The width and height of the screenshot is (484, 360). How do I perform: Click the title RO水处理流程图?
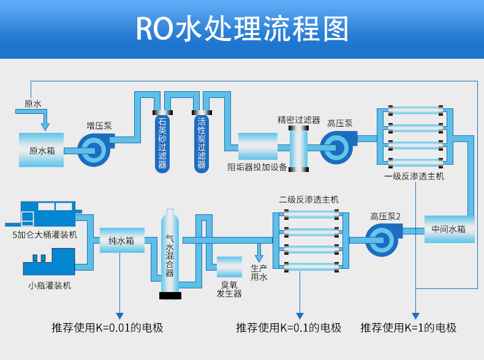click(241, 29)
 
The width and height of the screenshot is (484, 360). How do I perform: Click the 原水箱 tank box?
click(40, 150)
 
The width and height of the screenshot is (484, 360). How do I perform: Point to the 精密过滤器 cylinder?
click(299, 147)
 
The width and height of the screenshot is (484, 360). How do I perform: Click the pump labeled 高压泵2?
click(383, 239)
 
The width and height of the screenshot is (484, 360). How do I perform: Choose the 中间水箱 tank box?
click(448, 229)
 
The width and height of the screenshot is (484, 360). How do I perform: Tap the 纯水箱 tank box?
click(121, 241)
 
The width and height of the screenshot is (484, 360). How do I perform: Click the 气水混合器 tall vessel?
click(170, 254)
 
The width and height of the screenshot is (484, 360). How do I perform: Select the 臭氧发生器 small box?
click(229, 268)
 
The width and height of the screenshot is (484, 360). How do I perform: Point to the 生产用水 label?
click(259, 273)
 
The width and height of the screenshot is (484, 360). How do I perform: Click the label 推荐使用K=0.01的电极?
click(107, 328)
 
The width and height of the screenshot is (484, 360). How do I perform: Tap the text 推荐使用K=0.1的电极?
click(289, 328)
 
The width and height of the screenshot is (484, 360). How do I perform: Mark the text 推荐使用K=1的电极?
click(409, 328)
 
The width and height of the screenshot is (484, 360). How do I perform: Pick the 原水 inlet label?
click(33, 104)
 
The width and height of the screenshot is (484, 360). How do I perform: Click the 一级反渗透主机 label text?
click(414, 176)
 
